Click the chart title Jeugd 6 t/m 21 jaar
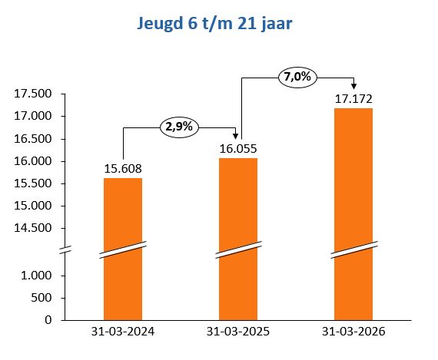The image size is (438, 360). (x=219, y=24)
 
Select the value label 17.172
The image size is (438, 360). (x=353, y=99)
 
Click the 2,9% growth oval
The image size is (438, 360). (x=178, y=127)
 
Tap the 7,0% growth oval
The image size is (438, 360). (x=298, y=78)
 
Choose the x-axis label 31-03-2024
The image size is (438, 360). (x=123, y=332)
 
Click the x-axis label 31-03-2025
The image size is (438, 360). (x=238, y=332)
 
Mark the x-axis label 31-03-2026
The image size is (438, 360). (x=353, y=332)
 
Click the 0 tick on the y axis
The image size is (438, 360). (x=48, y=319)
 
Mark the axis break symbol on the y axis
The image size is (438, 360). (x=66, y=250)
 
